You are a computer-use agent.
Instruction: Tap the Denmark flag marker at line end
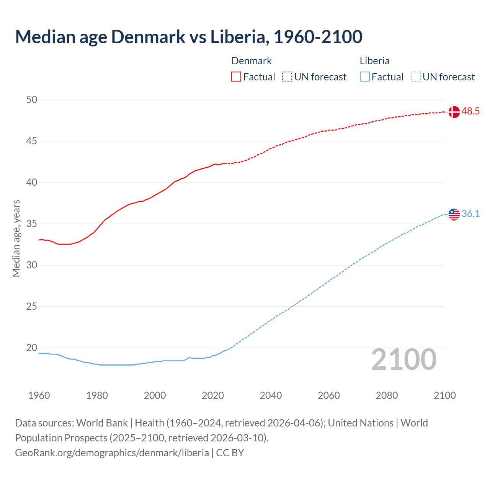click(454, 112)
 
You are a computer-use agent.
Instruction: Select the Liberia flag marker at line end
click(454, 214)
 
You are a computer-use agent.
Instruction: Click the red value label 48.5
click(470, 111)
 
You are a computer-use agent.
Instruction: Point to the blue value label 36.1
click(470, 214)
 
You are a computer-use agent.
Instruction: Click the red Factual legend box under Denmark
click(236, 77)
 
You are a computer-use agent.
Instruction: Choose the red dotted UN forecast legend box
click(287, 77)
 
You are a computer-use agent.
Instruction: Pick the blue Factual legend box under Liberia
click(364, 77)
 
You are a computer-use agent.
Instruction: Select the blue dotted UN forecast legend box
click(415, 77)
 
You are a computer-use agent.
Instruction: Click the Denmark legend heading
click(252, 61)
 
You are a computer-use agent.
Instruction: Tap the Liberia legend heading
click(374, 61)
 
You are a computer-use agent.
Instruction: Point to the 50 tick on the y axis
click(32, 100)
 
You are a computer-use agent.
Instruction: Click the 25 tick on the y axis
click(32, 307)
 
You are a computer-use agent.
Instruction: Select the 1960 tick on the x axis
click(39, 395)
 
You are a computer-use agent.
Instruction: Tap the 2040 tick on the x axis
click(271, 395)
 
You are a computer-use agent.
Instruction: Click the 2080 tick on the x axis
click(387, 395)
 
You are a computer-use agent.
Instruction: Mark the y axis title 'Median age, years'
click(16, 238)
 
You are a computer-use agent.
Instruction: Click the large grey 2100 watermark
click(403, 359)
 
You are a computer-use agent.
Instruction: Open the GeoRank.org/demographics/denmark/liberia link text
click(112, 453)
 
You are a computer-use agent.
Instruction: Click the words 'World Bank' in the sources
click(102, 423)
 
